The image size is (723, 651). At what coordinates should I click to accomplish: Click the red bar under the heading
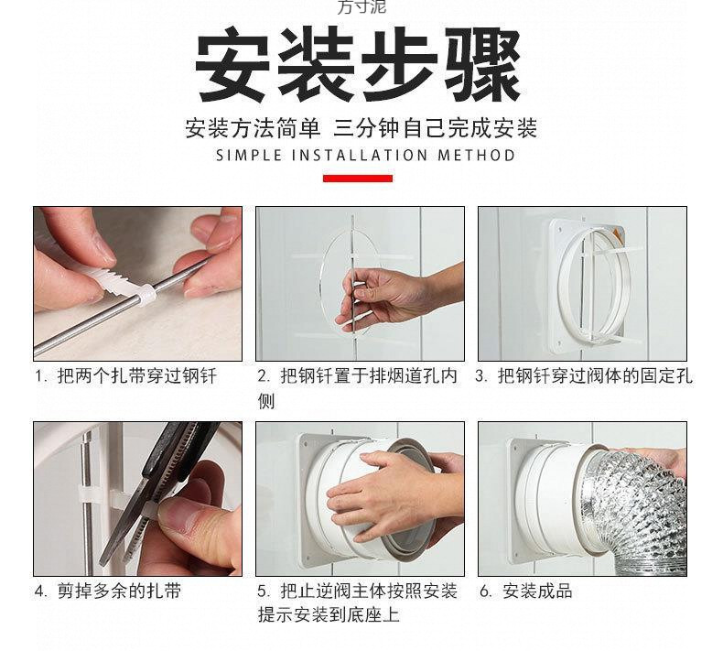[357, 179]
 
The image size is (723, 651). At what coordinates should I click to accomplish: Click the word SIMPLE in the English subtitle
[249, 156]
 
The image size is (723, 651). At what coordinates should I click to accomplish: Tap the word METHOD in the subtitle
[476, 156]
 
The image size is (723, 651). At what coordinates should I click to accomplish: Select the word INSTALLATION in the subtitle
[360, 156]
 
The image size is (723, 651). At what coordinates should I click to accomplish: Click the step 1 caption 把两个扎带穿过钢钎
[137, 376]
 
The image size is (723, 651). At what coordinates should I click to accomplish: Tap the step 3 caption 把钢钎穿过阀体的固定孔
[595, 376]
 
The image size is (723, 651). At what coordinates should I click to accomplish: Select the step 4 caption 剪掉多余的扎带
[119, 591]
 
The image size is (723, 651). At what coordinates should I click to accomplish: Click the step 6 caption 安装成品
[537, 591]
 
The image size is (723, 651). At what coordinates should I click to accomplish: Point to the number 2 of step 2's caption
[263, 376]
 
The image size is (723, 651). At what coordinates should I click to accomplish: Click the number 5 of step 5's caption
[263, 591]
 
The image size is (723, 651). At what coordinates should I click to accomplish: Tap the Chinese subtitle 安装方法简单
[253, 128]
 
